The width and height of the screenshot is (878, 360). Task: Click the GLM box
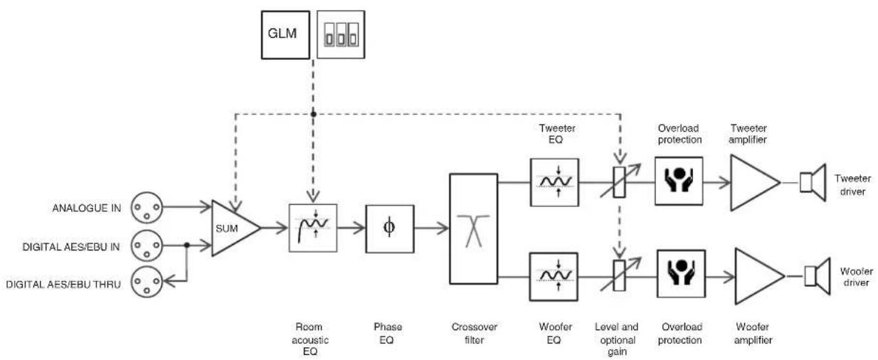tap(285, 35)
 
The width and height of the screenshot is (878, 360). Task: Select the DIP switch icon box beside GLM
tap(341, 34)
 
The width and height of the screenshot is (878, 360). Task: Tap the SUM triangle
tap(236, 228)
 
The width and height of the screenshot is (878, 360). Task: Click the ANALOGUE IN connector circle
tap(147, 207)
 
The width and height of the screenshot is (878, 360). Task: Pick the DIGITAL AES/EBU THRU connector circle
tap(147, 282)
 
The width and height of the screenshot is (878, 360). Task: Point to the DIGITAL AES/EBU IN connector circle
tap(147, 245)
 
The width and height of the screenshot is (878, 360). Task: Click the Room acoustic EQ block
tap(313, 228)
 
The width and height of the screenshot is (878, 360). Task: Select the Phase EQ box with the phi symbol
tap(390, 229)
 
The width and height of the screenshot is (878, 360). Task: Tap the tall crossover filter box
tap(473, 229)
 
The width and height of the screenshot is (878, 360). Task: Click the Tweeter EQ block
tap(555, 182)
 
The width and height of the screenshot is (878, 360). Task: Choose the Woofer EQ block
tap(554, 277)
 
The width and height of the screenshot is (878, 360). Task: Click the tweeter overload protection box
tap(679, 181)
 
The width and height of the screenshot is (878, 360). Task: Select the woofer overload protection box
tap(681, 274)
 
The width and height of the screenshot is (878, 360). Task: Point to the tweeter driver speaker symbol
tap(813, 183)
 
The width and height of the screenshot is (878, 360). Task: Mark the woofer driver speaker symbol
tap(818, 276)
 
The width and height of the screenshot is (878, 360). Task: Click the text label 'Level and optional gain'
tap(617, 339)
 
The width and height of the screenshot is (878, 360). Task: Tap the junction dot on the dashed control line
tap(313, 115)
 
